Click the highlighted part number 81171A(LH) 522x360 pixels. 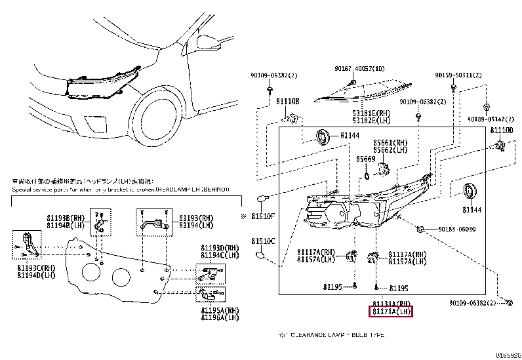click(391, 312)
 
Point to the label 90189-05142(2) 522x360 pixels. click(490, 120)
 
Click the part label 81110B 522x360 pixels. click(287, 102)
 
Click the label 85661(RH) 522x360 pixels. click(391, 142)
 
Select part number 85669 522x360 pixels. click(366, 159)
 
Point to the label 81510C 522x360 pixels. click(264, 240)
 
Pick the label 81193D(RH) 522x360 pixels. click(219, 249)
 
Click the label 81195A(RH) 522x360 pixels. click(219, 310)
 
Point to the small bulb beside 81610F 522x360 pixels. click(262, 198)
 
